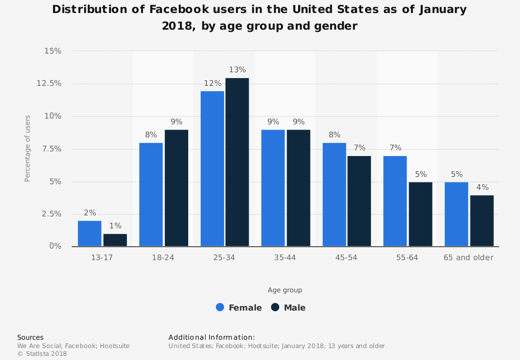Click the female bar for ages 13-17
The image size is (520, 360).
(x=89, y=234)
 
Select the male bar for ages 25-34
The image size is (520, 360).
(x=237, y=162)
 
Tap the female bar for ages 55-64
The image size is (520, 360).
(x=395, y=201)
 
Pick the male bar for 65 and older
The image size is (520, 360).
(x=482, y=221)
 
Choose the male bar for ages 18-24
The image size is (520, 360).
(x=176, y=188)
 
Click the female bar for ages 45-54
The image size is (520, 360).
(x=334, y=195)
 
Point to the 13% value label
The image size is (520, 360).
(x=237, y=70)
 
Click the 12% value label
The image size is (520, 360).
(x=212, y=83)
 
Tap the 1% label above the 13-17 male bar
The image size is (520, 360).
(x=115, y=226)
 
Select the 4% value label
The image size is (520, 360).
(x=482, y=187)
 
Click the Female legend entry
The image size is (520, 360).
(x=239, y=307)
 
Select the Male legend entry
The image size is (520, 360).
(x=289, y=307)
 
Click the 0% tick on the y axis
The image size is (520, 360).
(x=56, y=246)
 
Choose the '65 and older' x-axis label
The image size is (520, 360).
(x=469, y=258)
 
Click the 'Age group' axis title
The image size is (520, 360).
(x=285, y=290)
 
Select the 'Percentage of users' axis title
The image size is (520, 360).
(x=28, y=148)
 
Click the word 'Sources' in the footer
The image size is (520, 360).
(x=30, y=337)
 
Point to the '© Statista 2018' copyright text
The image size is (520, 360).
(x=42, y=354)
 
